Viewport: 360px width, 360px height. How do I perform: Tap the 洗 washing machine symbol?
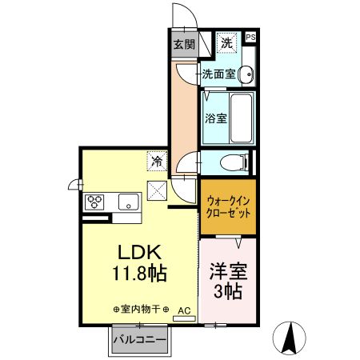click(x=226, y=42)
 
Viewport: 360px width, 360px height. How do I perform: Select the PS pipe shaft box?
click(x=251, y=37)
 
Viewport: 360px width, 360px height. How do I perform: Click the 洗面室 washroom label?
click(x=218, y=74)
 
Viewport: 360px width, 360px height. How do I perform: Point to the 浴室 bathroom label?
click(x=214, y=119)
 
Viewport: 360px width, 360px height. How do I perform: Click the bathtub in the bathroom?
click(x=241, y=117)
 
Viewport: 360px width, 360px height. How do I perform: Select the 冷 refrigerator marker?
click(x=158, y=161)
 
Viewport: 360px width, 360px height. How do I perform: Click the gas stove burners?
click(x=97, y=201)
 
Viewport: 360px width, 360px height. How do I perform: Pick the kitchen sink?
click(x=128, y=201)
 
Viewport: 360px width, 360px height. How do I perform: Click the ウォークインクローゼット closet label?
click(x=229, y=210)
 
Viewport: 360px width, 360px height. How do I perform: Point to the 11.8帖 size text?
click(x=138, y=274)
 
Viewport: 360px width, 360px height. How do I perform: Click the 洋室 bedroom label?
click(x=228, y=270)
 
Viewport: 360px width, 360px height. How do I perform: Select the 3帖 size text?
click(x=228, y=290)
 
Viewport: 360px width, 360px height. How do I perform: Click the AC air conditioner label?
click(x=183, y=309)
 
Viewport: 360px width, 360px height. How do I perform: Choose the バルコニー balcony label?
click(x=140, y=339)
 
